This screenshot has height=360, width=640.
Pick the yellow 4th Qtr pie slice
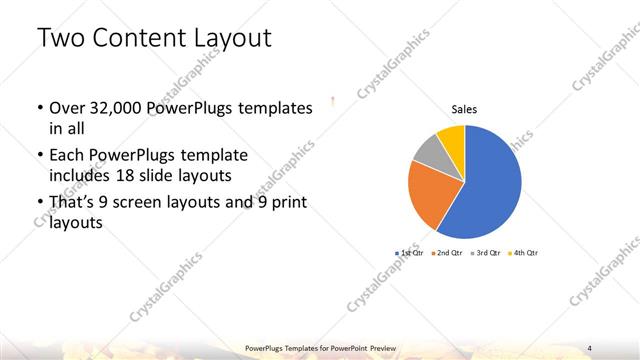pos(452,137)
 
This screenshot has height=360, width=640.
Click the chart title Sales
pos(464,109)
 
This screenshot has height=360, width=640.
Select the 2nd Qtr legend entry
pos(447,254)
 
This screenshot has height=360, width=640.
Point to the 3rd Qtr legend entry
pos(487,254)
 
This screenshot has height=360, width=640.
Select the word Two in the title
pos(59,40)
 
